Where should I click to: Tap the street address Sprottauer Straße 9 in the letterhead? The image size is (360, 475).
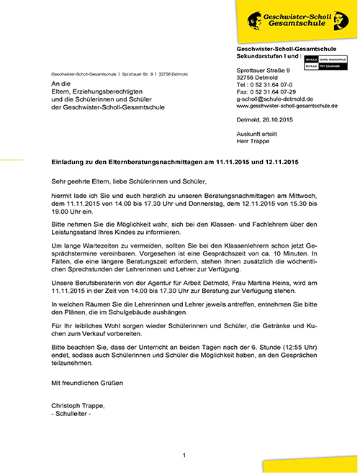point(264,70)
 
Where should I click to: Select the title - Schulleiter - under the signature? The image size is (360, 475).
point(72,415)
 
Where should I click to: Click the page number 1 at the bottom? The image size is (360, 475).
point(184,456)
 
